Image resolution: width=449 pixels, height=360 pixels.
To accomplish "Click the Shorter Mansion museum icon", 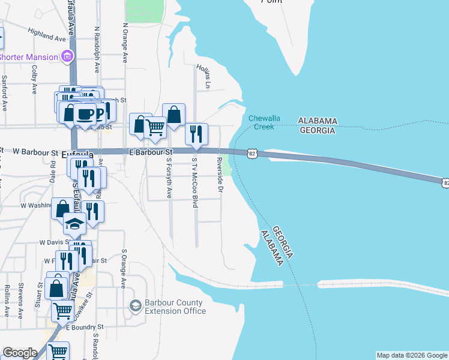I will click(67, 57).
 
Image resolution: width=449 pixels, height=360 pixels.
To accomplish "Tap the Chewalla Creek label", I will click(261, 122).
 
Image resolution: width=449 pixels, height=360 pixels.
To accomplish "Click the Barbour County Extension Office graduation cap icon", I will click(135, 306).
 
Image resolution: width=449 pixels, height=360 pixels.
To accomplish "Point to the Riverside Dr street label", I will click(220, 175).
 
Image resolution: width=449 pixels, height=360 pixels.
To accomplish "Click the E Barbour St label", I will click(151, 152).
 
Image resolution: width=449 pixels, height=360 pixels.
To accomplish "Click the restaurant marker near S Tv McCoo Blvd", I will click(196, 134).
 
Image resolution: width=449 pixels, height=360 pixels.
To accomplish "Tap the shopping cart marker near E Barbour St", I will click(155, 127).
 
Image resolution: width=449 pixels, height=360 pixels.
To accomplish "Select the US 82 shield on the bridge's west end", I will click(252, 154).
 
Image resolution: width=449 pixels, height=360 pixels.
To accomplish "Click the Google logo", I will click(20, 353).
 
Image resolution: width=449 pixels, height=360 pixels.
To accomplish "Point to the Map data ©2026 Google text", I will click(412, 355).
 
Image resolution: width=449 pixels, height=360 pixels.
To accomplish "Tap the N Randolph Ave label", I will click(97, 44).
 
